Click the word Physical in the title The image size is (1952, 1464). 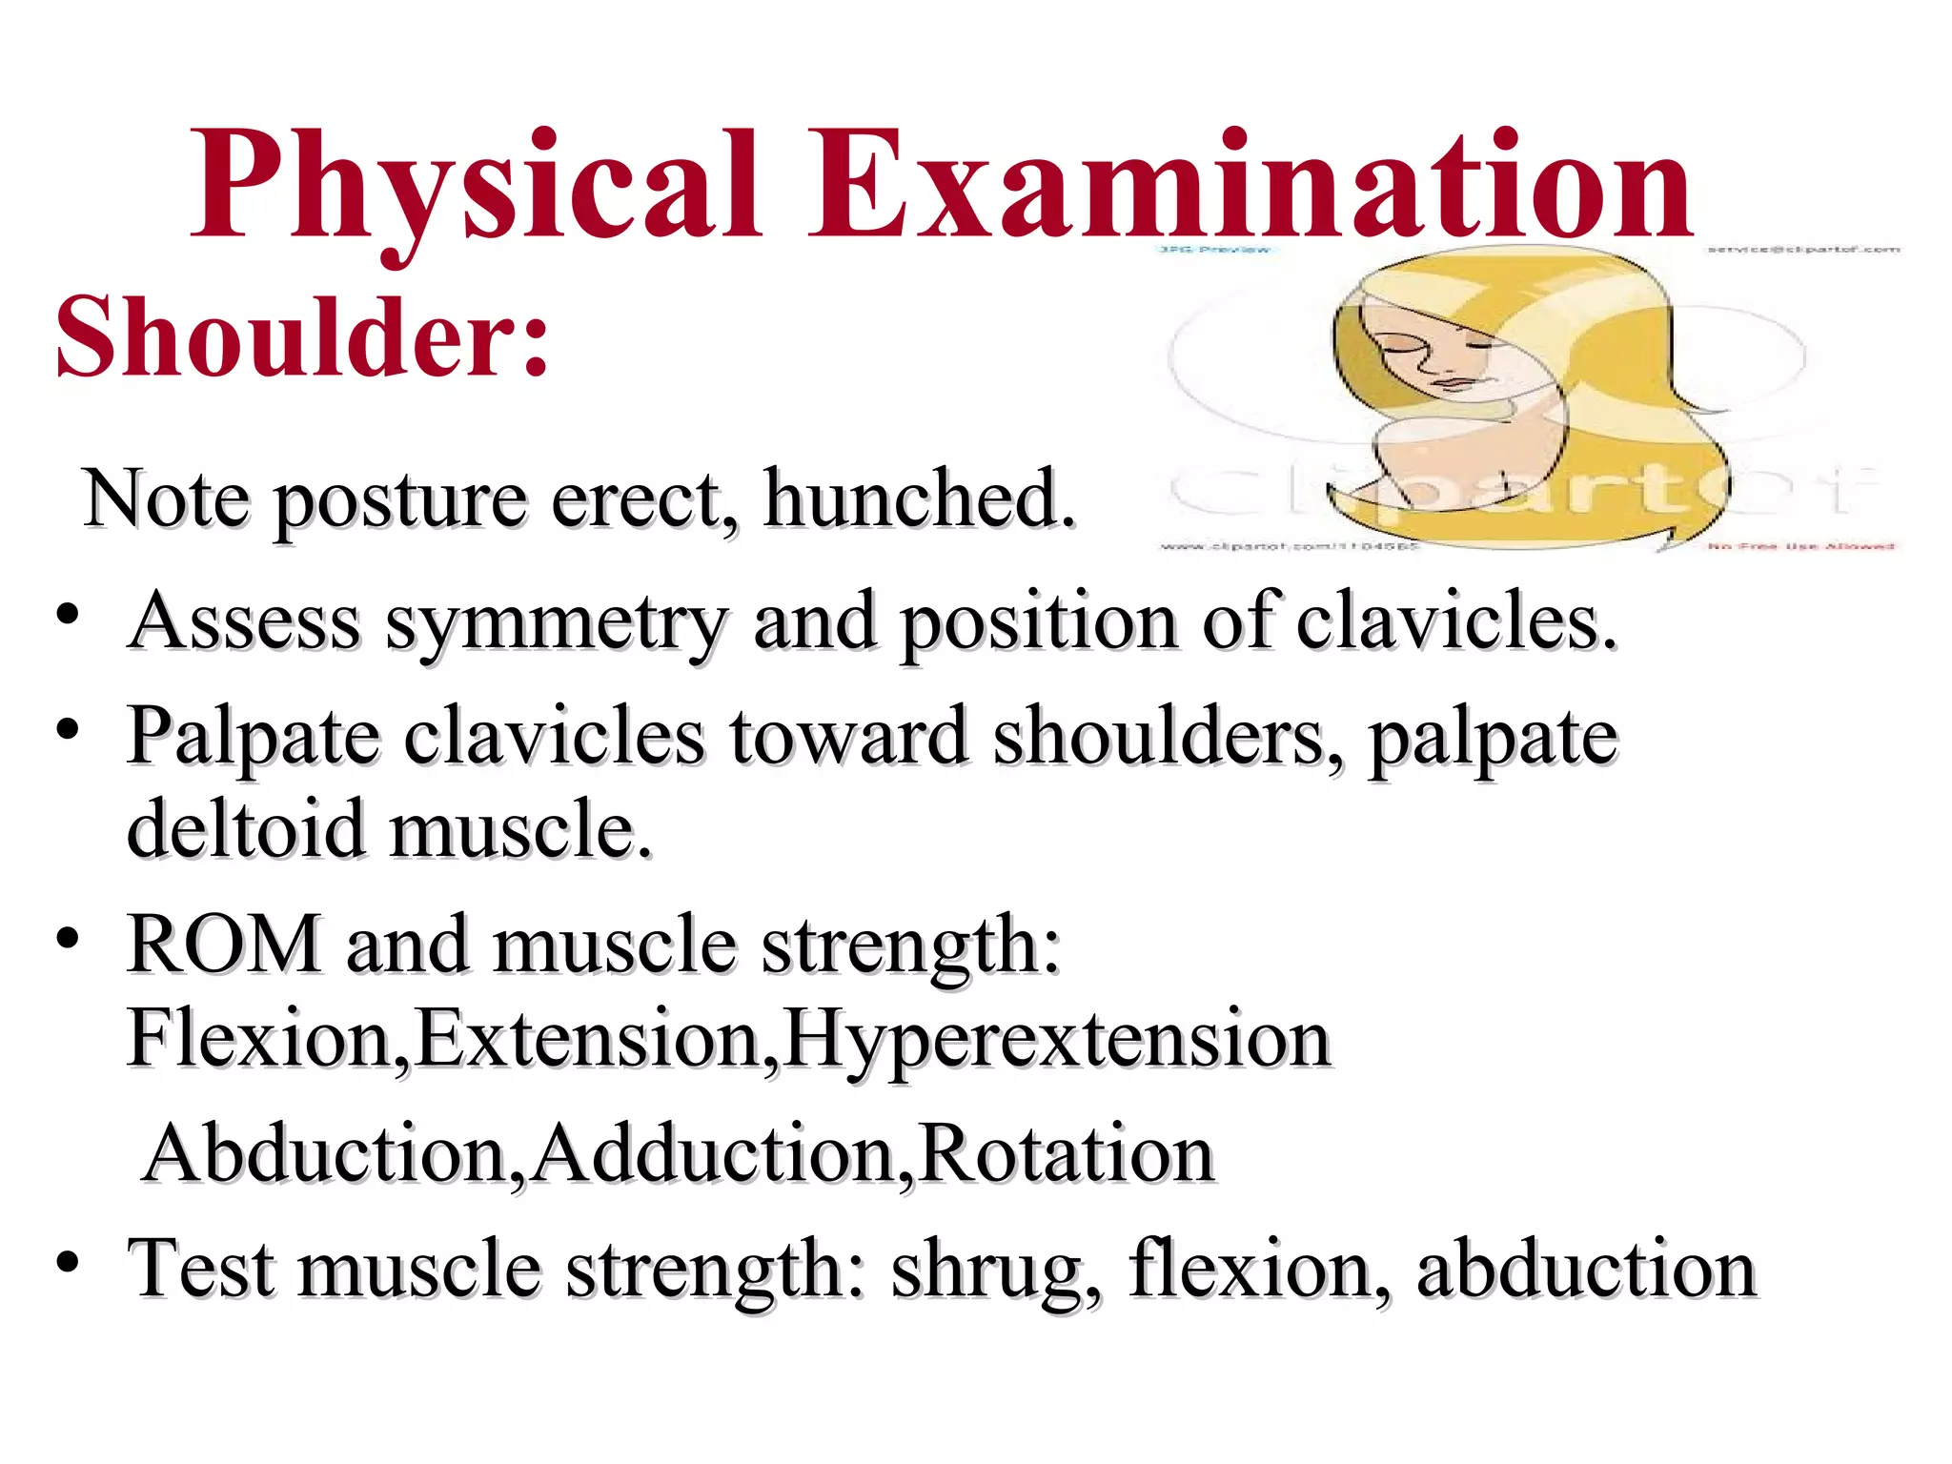(477, 186)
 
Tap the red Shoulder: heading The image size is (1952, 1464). (303, 336)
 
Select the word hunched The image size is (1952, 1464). (919, 498)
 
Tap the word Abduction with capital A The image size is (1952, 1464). (324, 1154)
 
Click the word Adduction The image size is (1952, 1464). (715, 1154)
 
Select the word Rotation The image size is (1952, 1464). (1067, 1154)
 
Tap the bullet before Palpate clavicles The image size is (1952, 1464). (67, 730)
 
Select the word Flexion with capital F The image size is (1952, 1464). (257, 1039)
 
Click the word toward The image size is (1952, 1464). (848, 737)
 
